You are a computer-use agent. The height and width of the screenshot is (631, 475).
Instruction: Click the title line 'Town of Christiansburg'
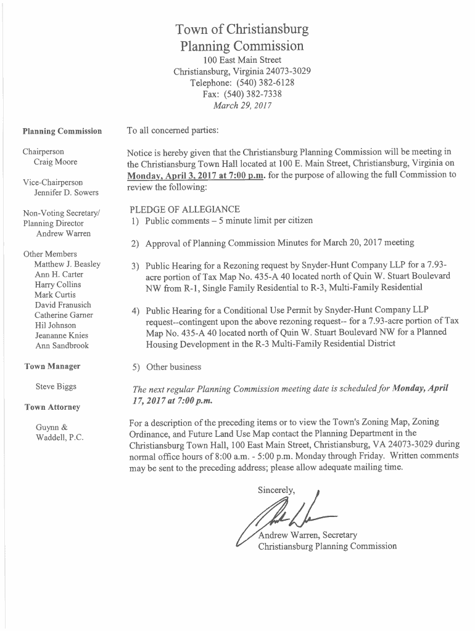pyautogui.click(x=242, y=30)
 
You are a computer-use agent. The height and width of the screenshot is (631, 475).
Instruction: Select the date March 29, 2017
pyautogui.click(x=242, y=105)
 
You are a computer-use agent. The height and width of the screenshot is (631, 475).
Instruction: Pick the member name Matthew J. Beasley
pyautogui.click(x=67, y=264)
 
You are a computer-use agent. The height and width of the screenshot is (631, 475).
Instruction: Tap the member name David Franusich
pyautogui.click(x=63, y=305)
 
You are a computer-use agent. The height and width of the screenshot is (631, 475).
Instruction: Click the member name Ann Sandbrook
pyautogui.click(x=62, y=346)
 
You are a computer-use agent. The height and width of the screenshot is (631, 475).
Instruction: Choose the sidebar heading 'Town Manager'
pyautogui.click(x=52, y=367)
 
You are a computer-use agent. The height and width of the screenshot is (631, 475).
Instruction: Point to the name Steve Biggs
pyautogui.click(x=56, y=387)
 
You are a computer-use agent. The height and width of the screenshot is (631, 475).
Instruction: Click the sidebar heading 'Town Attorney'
pyautogui.click(x=52, y=407)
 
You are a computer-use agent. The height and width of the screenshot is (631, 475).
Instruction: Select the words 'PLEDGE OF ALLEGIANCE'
pyautogui.click(x=185, y=210)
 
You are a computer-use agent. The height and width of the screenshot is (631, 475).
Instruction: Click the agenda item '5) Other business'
pyautogui.click(x=166, y=367)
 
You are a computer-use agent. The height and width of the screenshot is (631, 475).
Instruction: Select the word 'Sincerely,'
pyautogui.click(x=277, y=490)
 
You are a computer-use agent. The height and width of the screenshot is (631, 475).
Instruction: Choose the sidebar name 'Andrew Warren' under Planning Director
pyautogui.click(x=64, y=234)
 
